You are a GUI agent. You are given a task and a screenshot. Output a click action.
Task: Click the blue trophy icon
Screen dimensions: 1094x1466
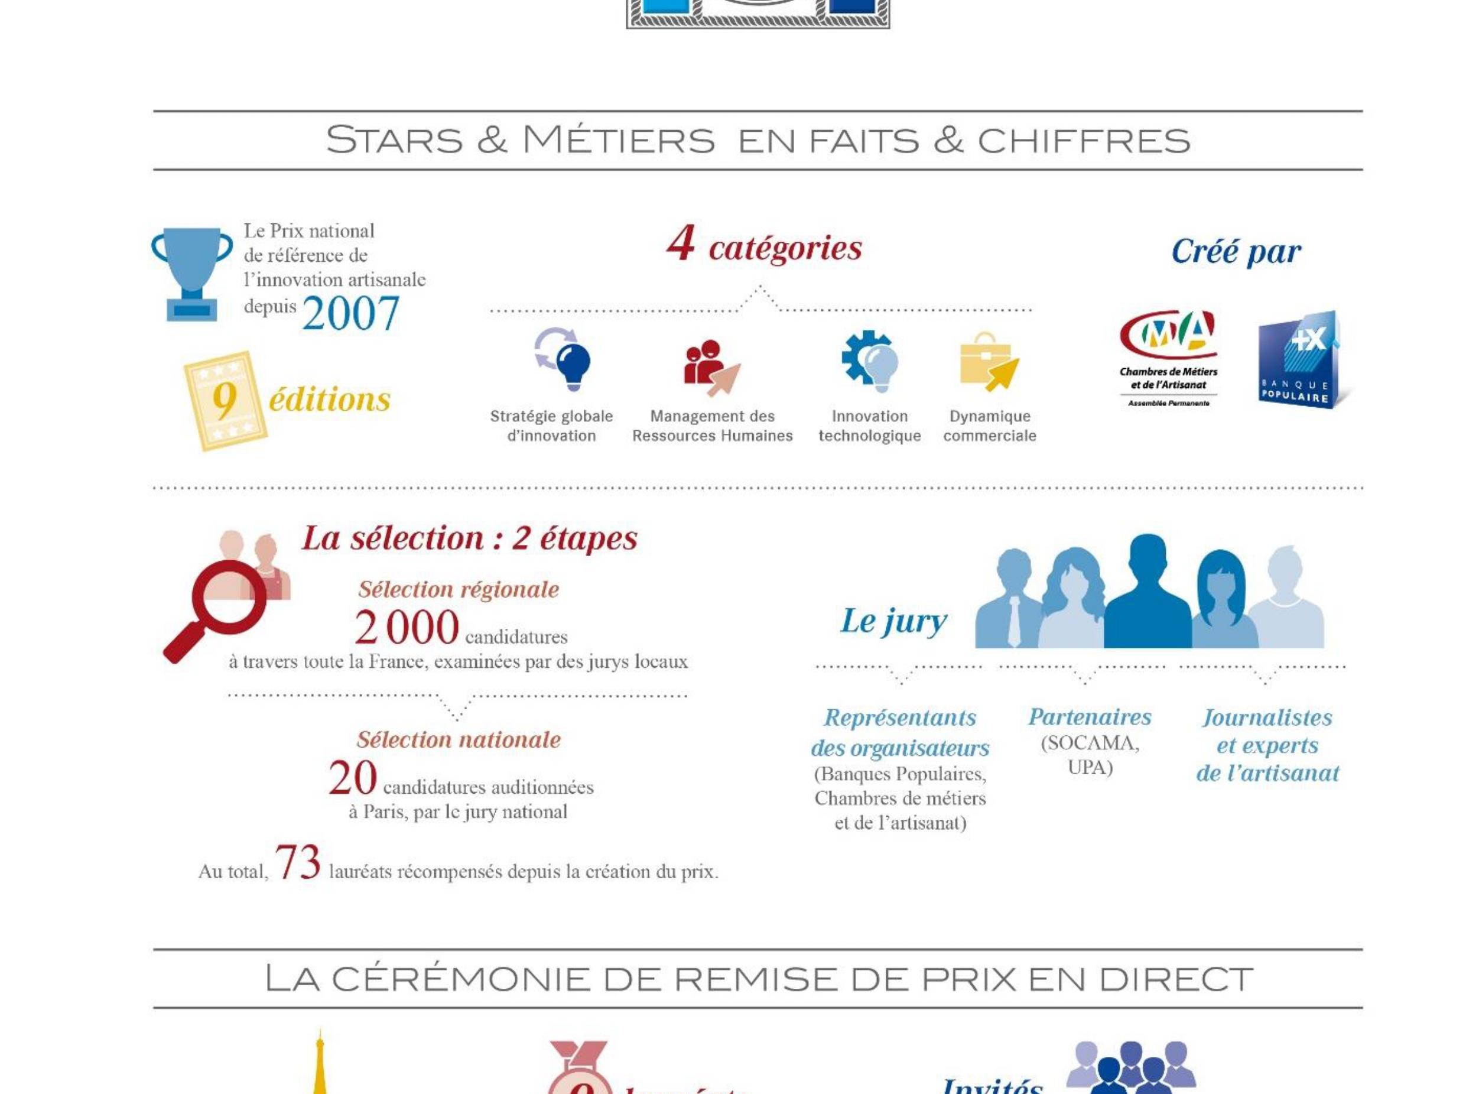191,273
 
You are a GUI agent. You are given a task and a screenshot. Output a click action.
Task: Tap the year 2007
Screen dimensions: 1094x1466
350,314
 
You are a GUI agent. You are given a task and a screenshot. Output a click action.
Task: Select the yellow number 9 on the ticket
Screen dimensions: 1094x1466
225,401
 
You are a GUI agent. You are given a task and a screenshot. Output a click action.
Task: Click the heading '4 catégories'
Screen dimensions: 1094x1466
764,246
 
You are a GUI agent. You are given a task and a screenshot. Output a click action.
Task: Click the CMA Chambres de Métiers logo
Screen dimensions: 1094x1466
1168,358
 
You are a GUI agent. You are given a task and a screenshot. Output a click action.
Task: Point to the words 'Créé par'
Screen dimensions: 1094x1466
1236,252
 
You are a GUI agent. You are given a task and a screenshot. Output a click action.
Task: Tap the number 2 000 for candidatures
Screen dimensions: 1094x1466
406,628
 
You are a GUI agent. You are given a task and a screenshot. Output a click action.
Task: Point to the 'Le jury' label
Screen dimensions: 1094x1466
893,621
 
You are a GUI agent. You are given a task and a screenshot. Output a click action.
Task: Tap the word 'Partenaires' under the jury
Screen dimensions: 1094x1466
1089,717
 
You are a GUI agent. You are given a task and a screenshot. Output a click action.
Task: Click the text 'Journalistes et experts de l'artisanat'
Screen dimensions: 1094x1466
1267,745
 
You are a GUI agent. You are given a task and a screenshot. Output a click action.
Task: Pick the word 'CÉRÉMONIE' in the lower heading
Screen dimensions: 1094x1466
460,979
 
